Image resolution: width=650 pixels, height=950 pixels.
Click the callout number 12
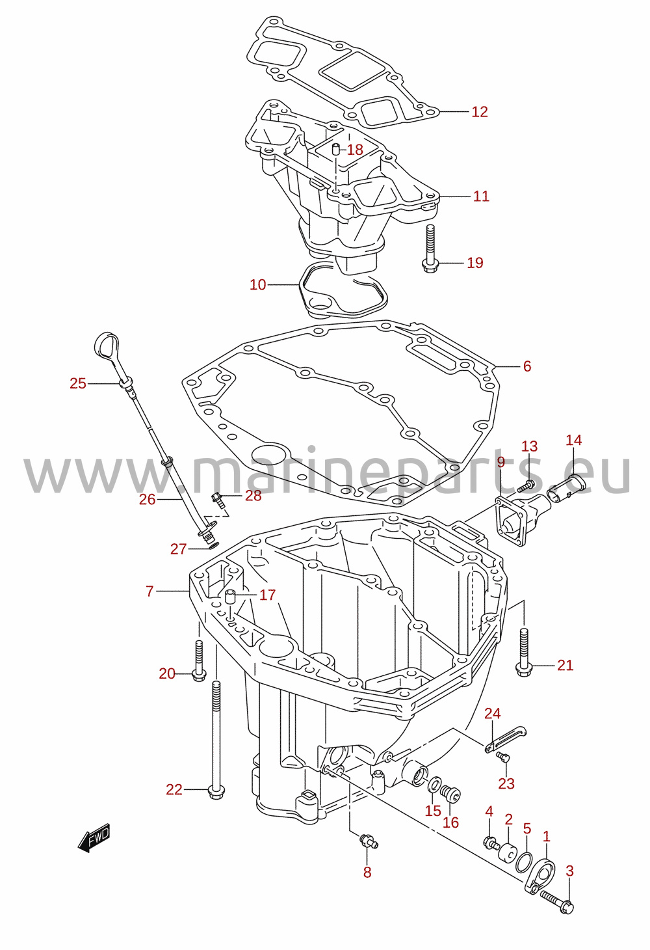click(x=480, y=111)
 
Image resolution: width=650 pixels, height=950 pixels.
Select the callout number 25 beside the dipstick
click(x=78, y=383)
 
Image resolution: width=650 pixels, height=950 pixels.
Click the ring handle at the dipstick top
click(x=107, y=344)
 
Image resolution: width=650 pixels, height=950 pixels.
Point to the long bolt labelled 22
click(x=216, y=742)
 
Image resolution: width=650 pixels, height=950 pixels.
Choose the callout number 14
click(x=574, y=440)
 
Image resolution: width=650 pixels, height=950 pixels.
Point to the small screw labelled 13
click(x=527, y=485)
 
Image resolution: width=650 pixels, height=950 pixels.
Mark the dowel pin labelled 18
click(x=335, y=149)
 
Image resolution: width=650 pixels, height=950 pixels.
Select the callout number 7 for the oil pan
click(x=149, y=591)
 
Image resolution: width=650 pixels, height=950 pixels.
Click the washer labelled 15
click(x=435, y=785)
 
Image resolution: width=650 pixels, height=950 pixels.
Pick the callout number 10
click(x=257, y=284)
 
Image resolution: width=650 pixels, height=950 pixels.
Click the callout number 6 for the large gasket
click(x=527, y=366)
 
